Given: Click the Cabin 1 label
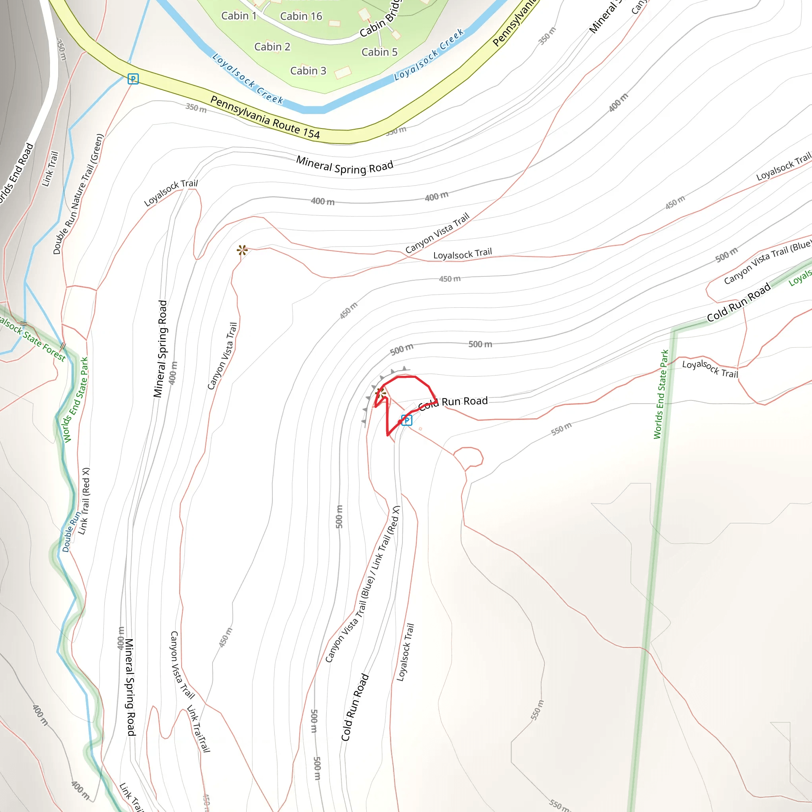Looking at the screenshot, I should (x=239, y=16).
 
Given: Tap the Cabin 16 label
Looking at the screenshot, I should (x=301, y=16).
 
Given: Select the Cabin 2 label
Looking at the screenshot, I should (x=272, y=47).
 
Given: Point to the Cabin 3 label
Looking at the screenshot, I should (x=308, y=71).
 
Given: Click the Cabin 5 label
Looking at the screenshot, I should (x=379, y=52).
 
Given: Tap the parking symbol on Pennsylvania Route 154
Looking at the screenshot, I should (x=133, y=79).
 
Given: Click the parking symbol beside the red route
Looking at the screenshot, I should (x=406, y=420).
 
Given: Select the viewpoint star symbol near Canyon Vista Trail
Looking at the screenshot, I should (x=242, y=251).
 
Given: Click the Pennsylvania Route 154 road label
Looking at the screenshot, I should (x=265, y=117).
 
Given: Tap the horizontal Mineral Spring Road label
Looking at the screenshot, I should (x=345, y=165).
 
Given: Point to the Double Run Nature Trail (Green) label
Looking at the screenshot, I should (x=78, y=194).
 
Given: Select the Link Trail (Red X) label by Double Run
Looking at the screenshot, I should (x=84, y=501).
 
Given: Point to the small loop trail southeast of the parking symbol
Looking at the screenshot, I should (x=469, y=457).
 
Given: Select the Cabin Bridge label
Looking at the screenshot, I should (x=380, y=19).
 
